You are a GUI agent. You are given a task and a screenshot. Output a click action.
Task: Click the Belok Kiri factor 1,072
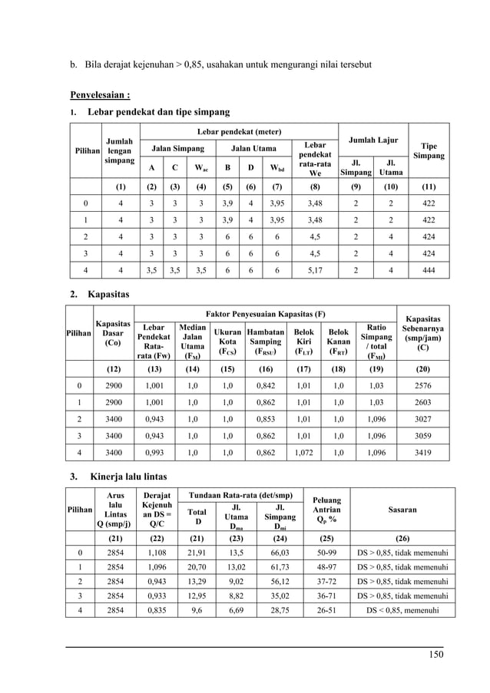(304, 453)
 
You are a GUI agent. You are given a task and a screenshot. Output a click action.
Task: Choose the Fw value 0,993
(158, 453)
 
